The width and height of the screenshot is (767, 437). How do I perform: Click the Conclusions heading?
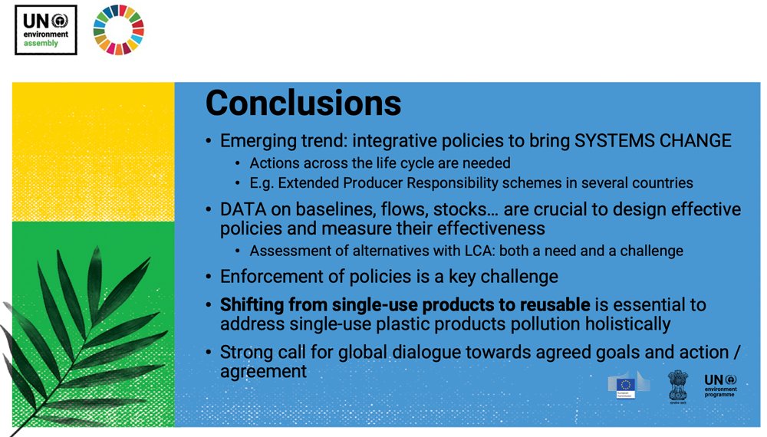[303, 102]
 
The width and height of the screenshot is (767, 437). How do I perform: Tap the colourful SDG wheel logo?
[118, 30]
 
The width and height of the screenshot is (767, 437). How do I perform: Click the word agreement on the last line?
[263, 372]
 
